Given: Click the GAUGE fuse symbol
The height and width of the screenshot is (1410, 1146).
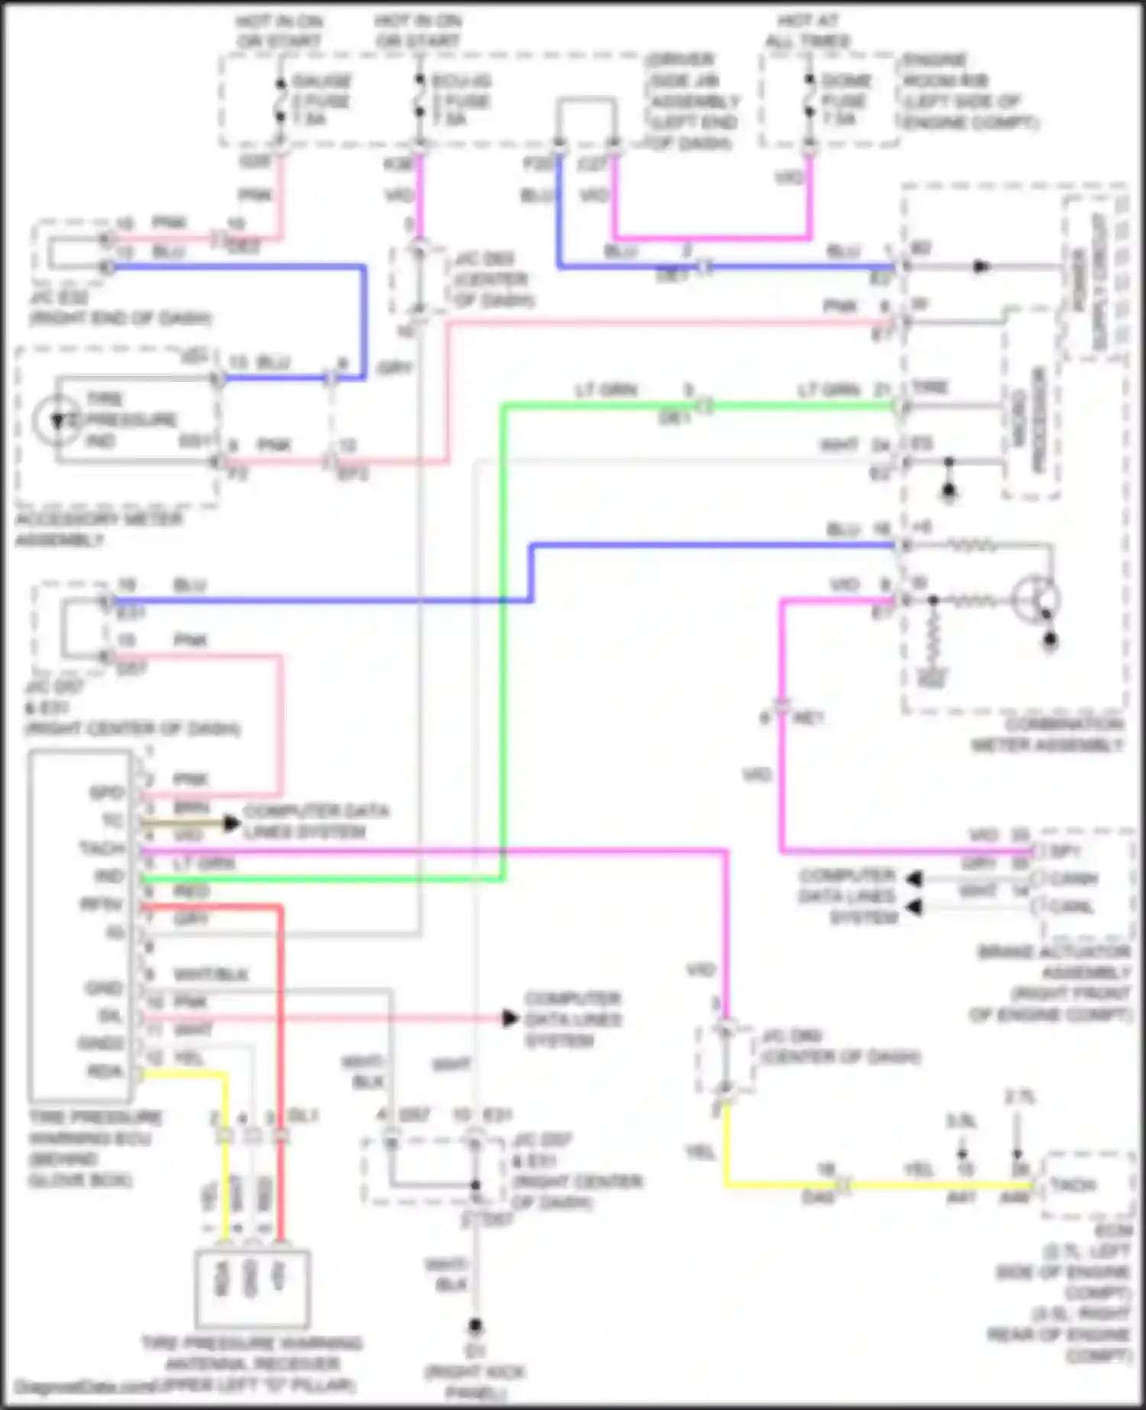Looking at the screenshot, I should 280,99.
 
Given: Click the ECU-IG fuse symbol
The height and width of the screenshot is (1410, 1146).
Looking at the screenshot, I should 419,99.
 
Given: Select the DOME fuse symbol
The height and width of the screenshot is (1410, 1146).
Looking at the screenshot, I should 809,99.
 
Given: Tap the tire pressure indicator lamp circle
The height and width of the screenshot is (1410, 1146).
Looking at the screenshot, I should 57,420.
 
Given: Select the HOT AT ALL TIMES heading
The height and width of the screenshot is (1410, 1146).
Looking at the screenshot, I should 808,31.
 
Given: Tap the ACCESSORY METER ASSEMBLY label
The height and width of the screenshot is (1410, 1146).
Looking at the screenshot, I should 98,529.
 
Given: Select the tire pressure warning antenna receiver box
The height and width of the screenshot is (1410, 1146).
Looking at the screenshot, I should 252,1289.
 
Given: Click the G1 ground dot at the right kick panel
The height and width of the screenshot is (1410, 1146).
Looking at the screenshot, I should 475,1325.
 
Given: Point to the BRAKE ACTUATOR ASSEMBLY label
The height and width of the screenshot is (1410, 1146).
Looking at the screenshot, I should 1062,983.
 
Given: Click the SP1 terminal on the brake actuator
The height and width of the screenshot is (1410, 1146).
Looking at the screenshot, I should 1065,851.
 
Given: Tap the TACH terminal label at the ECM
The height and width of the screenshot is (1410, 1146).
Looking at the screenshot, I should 1073,1185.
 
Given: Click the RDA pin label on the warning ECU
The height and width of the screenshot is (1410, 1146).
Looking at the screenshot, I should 105,1072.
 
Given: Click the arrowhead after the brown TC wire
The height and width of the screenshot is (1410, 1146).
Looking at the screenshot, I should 231,823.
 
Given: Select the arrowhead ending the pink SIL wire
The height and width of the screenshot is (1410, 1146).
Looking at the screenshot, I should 510,1018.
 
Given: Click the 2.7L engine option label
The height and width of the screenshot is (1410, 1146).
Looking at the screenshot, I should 1019,1098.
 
